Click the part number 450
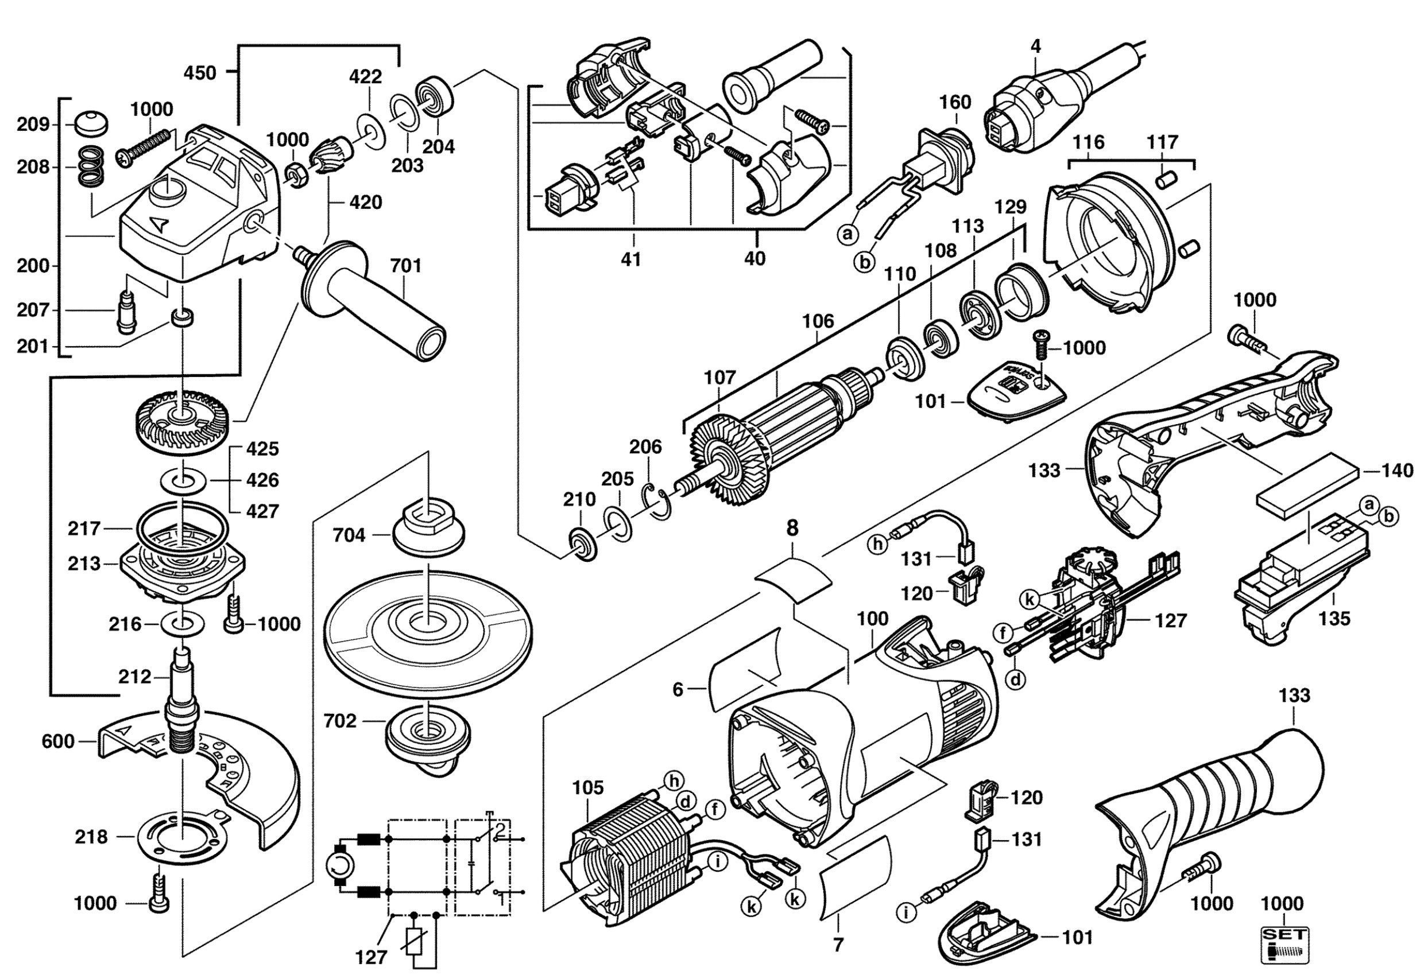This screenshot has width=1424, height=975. click(x=200, y=73)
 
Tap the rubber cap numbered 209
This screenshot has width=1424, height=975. click(x=91, y=125)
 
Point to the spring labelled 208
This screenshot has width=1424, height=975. click(x=91, y=167)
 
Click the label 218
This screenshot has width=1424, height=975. click(x=91, y=837)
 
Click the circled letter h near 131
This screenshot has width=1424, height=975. click(x=879, y=545)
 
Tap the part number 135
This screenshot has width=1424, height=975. click(x=1334, y=618)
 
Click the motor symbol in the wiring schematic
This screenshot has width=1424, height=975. click(x=339, y=865)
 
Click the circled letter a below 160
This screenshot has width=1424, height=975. click(x=848, y=234)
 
